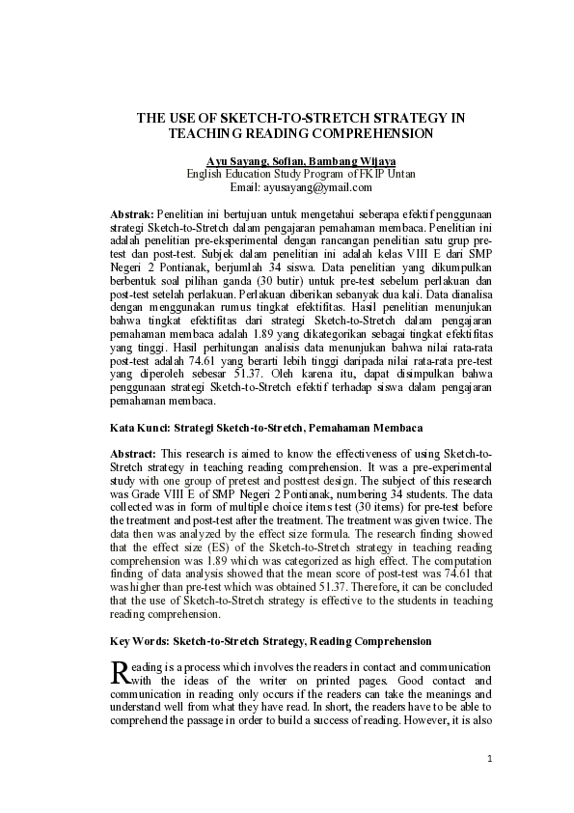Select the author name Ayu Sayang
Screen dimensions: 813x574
(x=236, y=160)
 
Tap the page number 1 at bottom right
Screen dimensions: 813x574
(x=490, y=758)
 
